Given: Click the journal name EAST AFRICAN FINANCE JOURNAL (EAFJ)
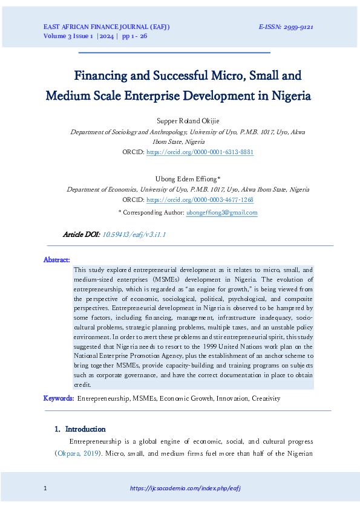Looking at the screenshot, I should point(106,27).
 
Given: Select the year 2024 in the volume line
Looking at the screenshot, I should point(105,36).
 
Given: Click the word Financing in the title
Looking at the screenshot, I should point(101,76).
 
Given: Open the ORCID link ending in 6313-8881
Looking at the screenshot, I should point(200,152).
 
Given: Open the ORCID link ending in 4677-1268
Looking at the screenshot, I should point(200,199).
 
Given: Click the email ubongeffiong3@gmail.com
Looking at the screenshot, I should point(222,212).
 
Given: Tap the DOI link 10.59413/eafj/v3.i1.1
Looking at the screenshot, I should point(134,234).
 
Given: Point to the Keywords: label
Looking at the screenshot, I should point(59,398).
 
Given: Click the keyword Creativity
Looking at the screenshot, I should point(266,399).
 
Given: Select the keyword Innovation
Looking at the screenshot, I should point(227,399).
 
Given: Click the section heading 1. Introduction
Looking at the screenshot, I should point(80,429).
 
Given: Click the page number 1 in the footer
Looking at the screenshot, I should point(46,488).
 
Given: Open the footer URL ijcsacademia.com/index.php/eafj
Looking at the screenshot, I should point(186,488).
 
